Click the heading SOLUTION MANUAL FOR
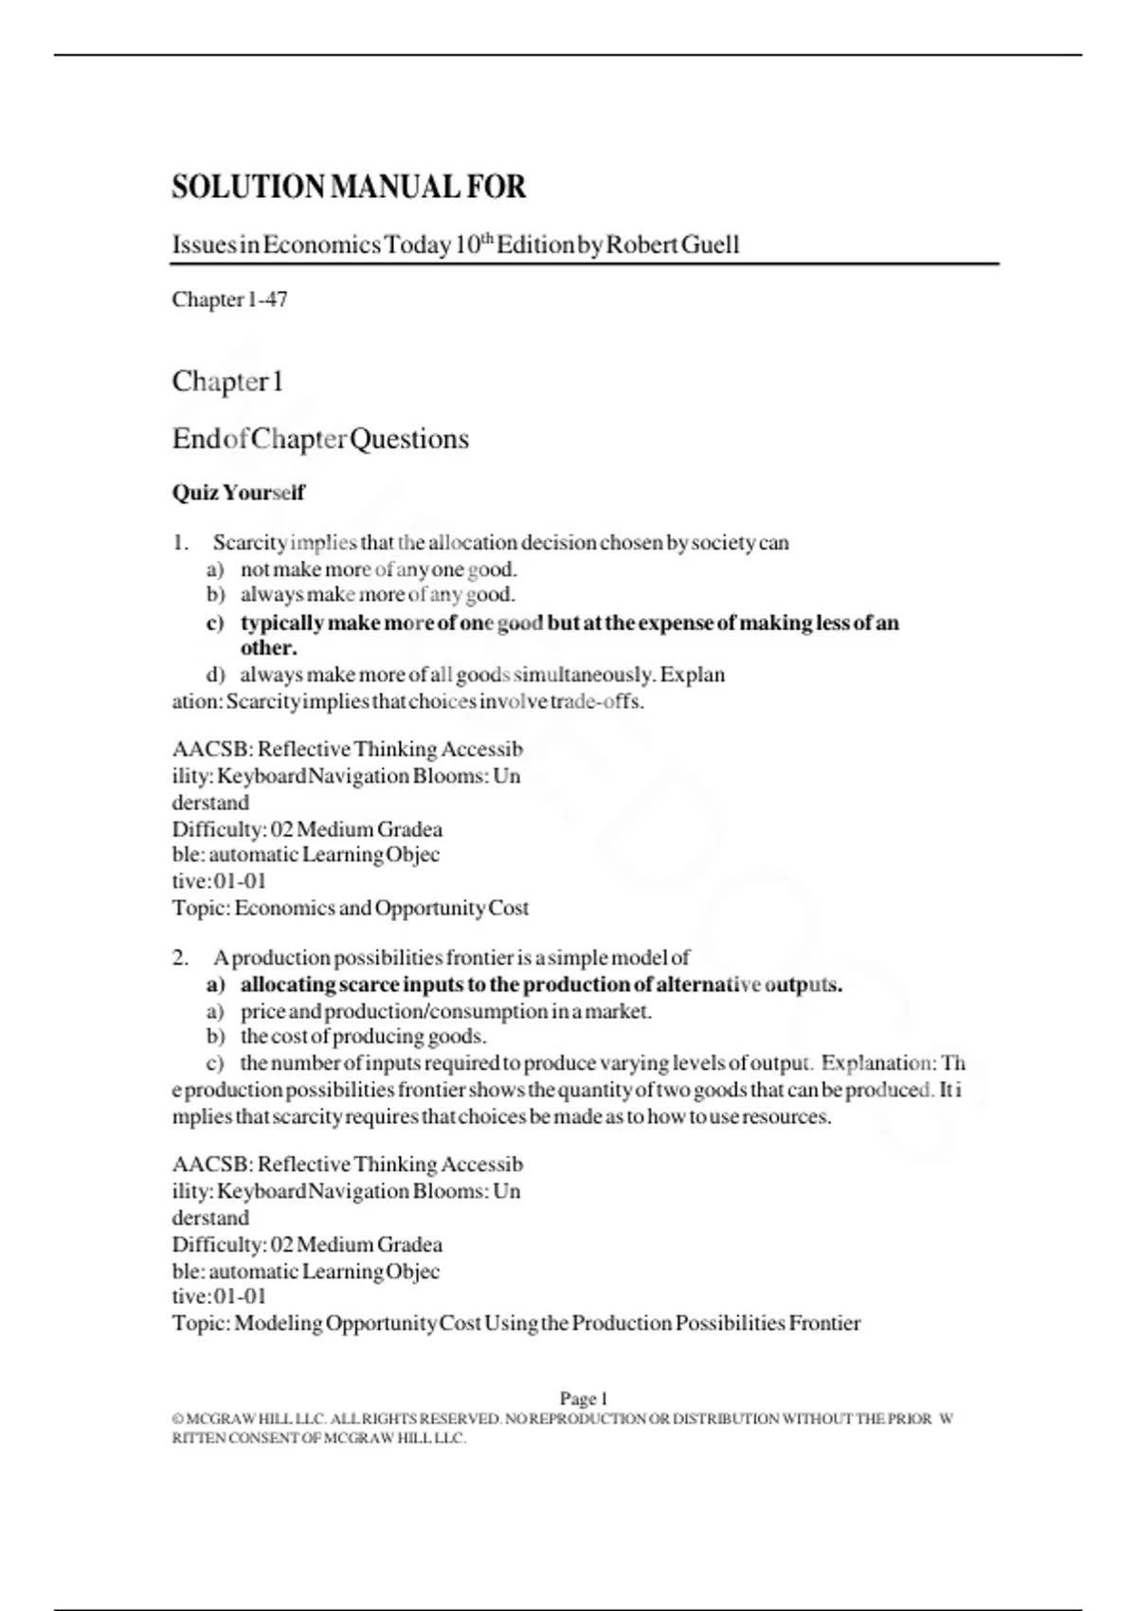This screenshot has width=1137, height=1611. (349, 187)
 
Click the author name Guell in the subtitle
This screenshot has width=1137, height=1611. (710, 245)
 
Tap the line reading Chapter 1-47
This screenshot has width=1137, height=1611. (229, 299)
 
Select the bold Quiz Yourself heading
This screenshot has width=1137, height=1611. (238, 493)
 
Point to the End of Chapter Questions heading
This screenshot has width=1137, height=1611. (320, 439)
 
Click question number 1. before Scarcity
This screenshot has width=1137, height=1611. (180, 543)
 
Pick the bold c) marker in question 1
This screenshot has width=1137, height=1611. (215, 624)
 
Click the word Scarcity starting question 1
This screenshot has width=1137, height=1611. (249, 543)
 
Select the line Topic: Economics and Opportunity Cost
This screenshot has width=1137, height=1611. (350, 908)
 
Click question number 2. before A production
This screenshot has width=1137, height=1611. (180, 958)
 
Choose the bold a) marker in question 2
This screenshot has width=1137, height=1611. (215, 985)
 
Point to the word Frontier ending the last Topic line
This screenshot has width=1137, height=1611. (824, 1323)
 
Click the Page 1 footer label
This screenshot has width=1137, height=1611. (583, 1399)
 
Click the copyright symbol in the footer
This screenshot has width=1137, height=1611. (177, 1420)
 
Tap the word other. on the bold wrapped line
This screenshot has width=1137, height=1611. (268, 648)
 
